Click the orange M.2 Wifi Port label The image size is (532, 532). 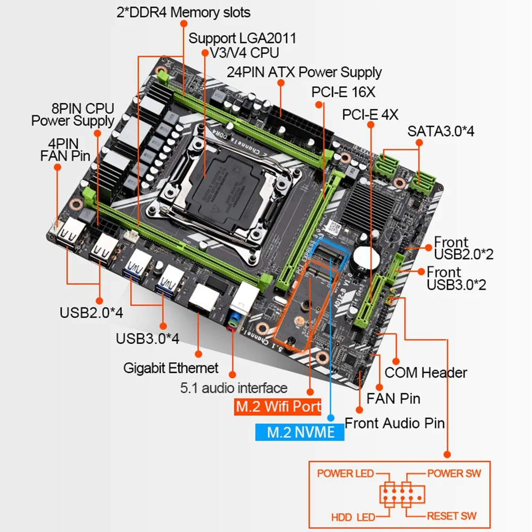[278, 407]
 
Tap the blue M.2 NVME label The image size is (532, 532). [300, 431]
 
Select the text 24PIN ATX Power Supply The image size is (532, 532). [304, 72]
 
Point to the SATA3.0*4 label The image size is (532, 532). [440, 131]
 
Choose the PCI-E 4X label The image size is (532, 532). [370, 114]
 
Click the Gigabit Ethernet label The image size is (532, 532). [171, 368]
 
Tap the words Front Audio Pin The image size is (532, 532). [395, 423]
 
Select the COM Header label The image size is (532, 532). [426, 372]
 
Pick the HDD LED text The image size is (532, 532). [353, 516]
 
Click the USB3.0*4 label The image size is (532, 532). [147, 339]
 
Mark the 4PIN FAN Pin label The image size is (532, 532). [65, 149]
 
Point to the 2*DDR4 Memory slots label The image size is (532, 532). [183, 12]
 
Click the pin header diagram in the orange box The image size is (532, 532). [402, 495]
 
